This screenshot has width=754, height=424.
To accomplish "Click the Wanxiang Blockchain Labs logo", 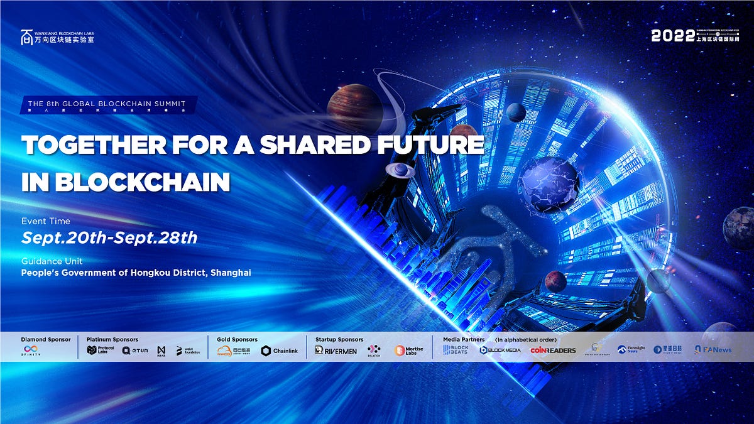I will (x=57, y=36).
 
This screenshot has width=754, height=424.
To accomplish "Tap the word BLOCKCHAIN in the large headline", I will (x=143, y=182).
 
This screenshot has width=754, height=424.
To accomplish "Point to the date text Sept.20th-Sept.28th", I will (x=109, y=237).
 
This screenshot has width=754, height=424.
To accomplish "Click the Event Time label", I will (x=46, y=221).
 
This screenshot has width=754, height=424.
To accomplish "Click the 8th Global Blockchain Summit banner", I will (x=109, y=104).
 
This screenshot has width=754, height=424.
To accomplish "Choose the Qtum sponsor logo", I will (x=135, y=350).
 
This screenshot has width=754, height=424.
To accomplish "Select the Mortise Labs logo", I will (x=409, y=351).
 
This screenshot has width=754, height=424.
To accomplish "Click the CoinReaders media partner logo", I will (x=553, y=351).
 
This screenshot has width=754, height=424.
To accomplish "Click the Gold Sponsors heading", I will (x=237, y=340).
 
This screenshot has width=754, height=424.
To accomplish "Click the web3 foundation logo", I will (x=188, y=351).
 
